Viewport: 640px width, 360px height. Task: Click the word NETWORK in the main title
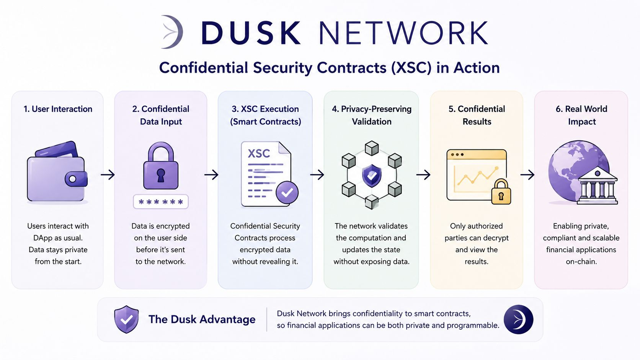point(403,33)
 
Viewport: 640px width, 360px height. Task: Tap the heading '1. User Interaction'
point(58,109)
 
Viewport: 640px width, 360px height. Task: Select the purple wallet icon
point(57,171)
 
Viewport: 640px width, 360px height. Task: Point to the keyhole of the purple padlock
point(161,175)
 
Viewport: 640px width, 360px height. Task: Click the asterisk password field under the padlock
point(161,202)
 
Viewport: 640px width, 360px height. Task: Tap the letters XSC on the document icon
point(259,153)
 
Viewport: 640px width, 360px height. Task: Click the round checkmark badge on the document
point(287,192)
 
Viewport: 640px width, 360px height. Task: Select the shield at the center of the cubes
point(372,175)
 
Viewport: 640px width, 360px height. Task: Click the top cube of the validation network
point(372,148)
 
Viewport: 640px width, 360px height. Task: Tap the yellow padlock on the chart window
point(501,192)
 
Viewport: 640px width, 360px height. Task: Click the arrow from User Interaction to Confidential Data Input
point(108,174)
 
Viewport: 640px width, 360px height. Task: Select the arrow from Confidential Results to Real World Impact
point(527,174)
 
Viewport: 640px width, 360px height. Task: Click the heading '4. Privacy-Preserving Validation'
point(372,115)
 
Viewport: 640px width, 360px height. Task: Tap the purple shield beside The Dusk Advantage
point(126,319)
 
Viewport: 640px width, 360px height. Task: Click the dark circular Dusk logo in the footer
point(518,319)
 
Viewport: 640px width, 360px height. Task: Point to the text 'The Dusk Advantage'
point(202,319)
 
